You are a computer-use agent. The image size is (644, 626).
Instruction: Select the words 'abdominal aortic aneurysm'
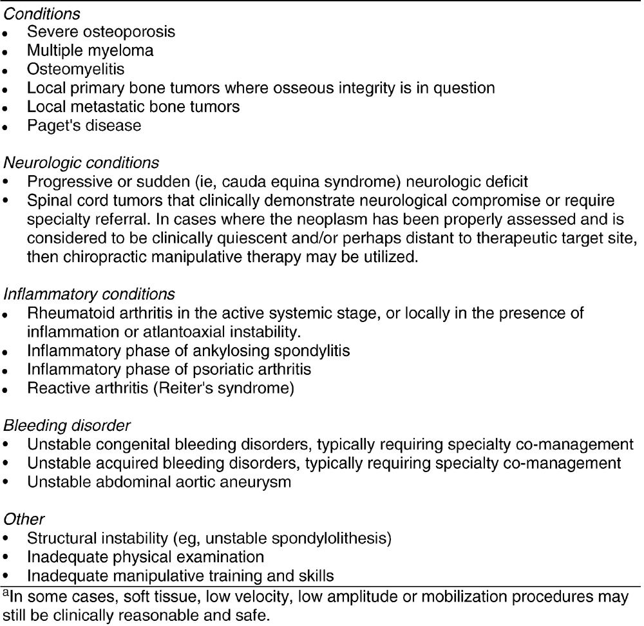[x=184, y=482]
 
